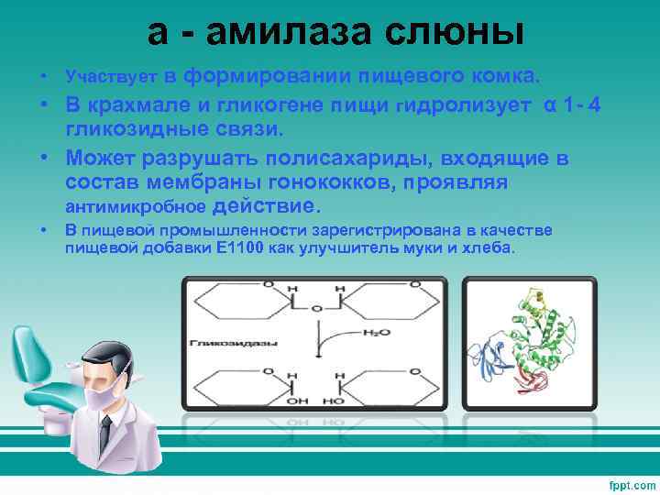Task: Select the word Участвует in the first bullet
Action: (x=112, y=73)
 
